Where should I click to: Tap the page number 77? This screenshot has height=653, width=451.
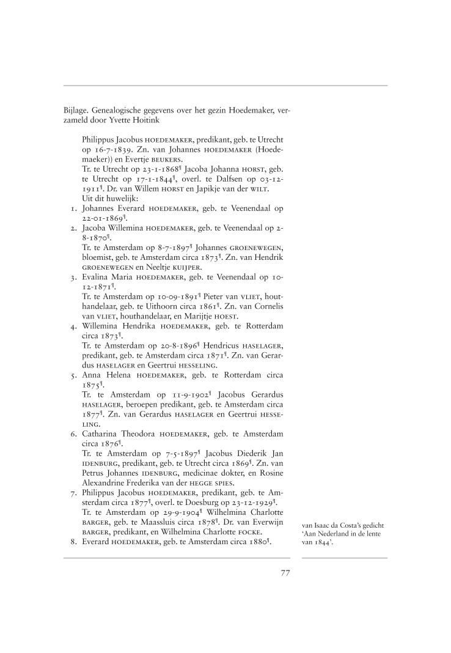pyautogui.click(x=285, y=573)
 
